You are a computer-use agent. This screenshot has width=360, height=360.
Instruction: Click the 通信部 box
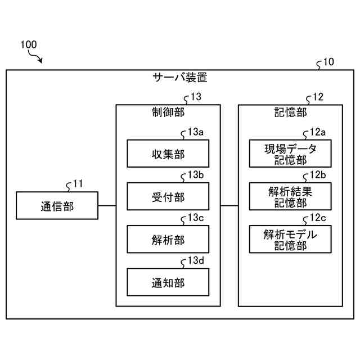(57, 205)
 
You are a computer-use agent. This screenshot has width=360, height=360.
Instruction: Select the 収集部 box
(168, 154)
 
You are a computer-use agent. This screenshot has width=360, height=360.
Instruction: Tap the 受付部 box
(168, 196)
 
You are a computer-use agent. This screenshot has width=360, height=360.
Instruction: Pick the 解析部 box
(168, 239)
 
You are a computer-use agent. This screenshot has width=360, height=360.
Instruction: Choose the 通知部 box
(168, 282)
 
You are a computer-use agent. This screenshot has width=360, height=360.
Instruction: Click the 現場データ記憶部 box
(290, 154)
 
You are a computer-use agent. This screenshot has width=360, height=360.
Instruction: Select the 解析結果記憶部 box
(290, 196)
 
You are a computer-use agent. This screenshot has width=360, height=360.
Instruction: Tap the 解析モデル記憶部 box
(290, 239)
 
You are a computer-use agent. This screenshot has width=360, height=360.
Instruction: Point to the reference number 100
(29, 44)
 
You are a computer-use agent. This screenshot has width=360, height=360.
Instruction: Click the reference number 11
(78, 184)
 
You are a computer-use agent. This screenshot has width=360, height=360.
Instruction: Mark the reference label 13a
(196, 132)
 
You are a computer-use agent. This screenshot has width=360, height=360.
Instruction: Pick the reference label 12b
(318, 175)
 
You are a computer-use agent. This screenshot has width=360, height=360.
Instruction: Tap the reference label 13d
(196, 260)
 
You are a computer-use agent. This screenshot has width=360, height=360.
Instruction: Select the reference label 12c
(318, 218)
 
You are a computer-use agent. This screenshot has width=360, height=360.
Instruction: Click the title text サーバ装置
(180, 78)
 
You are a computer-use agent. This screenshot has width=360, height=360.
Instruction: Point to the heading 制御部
(168, 112)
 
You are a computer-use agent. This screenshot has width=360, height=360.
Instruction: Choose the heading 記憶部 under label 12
(291, 112)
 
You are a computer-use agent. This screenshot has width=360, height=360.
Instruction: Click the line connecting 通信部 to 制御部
(107, 205)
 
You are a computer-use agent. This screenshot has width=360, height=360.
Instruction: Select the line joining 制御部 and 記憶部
(229, 205)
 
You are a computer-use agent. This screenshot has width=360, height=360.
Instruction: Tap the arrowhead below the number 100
(40, 61)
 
